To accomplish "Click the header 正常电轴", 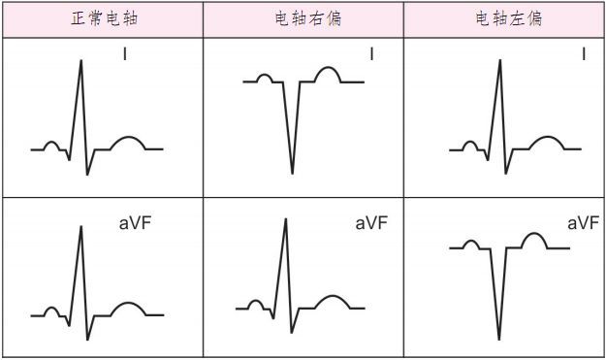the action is [x=102, y=19].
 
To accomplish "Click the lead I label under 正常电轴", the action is [x=125, y=54].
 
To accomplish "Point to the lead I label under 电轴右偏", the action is [x=371, y=54].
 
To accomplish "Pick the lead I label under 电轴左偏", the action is [x=583, y=54].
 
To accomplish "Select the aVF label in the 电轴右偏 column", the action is [x=371, y=224].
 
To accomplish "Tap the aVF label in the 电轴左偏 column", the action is [x=582, y=224].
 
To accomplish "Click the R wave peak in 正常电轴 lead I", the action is [x=80, y=61].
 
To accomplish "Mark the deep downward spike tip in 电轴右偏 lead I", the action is [x=293, y=173].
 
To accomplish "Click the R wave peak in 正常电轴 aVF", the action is [x=80, y=227].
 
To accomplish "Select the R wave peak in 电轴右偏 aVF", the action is [x=285, y=220].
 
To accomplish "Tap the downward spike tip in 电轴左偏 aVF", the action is [x=499, y=339].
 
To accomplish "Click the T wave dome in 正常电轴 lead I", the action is [x=128, y=141].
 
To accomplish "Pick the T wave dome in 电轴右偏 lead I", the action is [x=330, y=71].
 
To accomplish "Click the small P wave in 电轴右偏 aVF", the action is [x=256, y=303].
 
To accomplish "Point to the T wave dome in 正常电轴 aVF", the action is [x=128, y=307].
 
